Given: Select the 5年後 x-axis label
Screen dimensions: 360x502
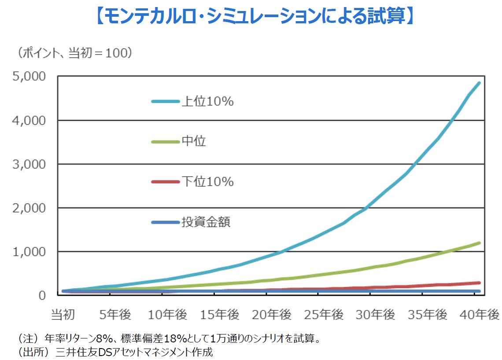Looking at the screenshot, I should pos(115,315).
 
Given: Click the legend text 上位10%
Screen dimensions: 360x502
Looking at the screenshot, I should pos(207,102).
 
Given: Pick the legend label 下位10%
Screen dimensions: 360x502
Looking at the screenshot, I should pos(207,181).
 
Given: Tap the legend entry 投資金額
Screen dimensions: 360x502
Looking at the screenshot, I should pos(206,222).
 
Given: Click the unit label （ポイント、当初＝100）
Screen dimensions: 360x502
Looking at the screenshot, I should pos(75,53).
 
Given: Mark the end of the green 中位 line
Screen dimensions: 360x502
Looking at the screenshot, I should pos(479,243).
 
